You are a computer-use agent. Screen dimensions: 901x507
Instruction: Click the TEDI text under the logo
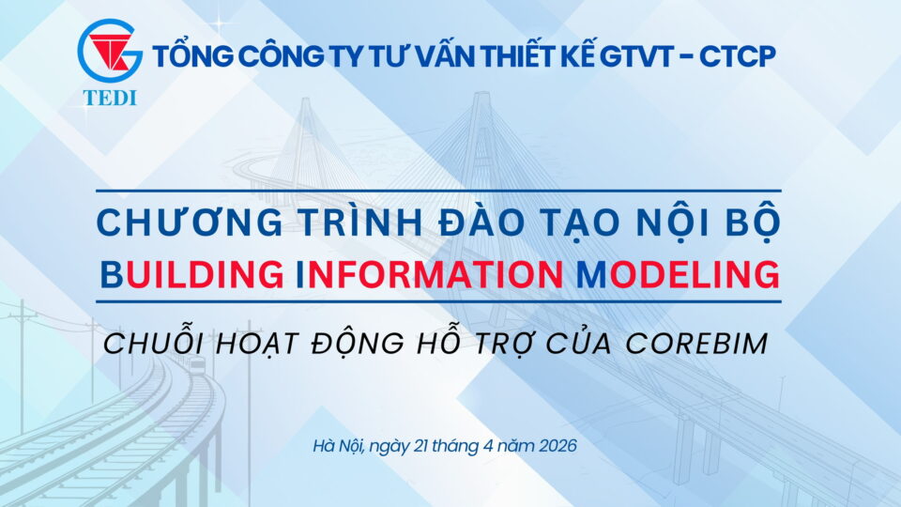click(110, 99)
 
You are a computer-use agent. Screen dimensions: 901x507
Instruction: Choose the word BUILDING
click(191, 274)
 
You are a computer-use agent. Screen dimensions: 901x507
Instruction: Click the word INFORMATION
click(429, 274)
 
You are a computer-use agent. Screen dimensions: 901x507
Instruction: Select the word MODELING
click(678, 274)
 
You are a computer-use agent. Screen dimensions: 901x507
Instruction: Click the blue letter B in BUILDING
click(112, 274)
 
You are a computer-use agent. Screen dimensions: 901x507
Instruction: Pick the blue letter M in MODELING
click(591, 274)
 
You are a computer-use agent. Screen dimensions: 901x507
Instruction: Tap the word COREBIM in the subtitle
click(696, 344)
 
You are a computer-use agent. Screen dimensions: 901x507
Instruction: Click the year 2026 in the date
click(557, 446)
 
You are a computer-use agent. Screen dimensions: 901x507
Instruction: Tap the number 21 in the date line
click(422, 446)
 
